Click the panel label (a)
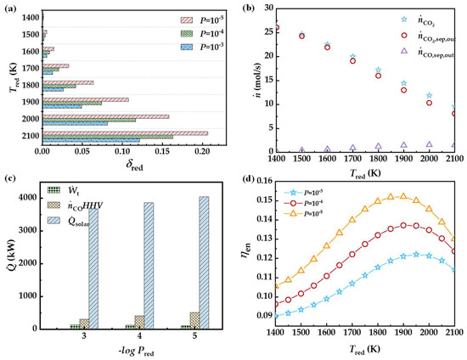[8, 9]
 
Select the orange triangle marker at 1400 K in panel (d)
[277, 286]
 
